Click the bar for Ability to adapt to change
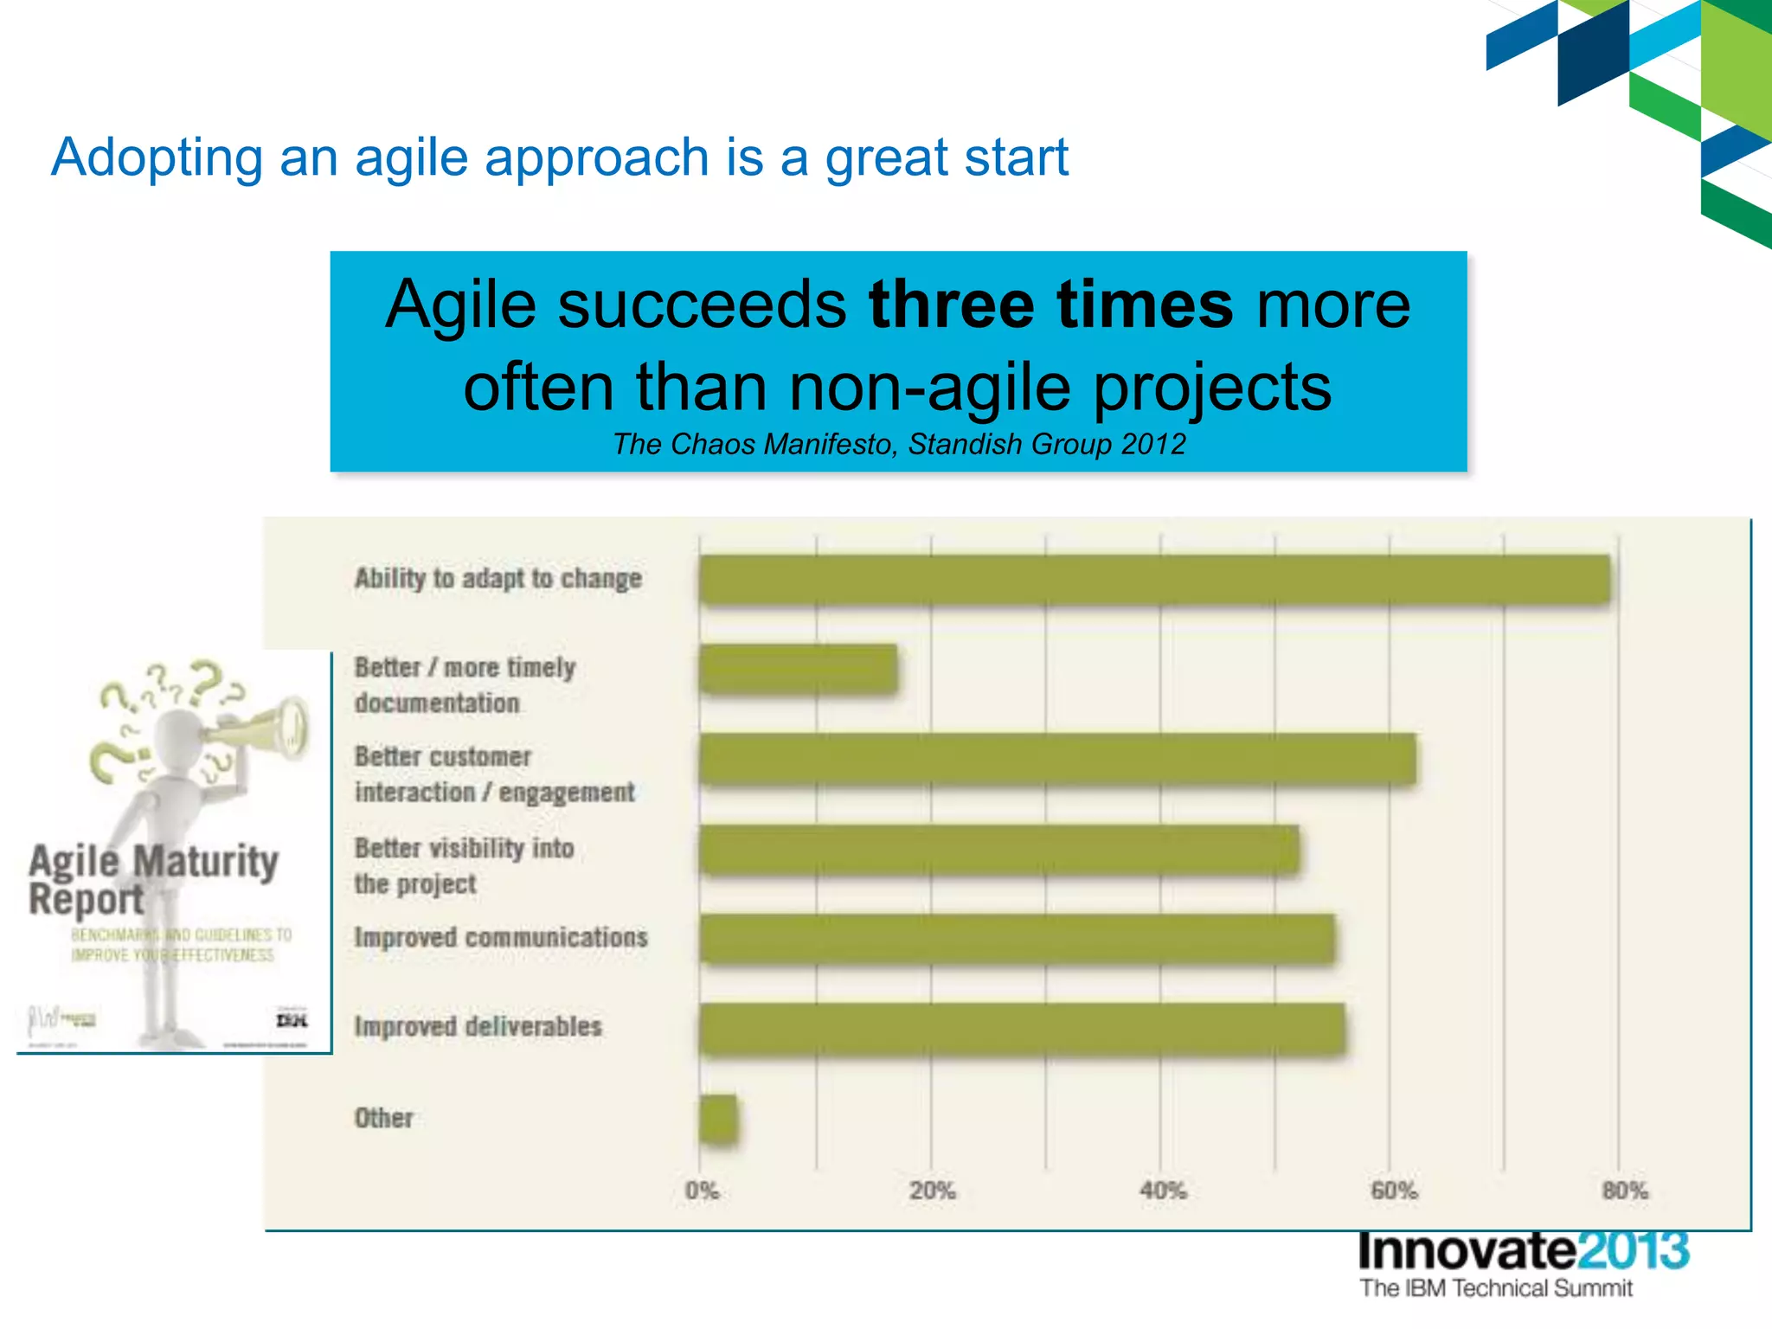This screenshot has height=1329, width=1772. (x=1154, y=579)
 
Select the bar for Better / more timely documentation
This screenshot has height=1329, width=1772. (x=798, y=669)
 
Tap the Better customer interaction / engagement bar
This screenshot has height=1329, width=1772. (x=1057, y=759)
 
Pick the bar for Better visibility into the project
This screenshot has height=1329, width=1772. (x=998, y=850)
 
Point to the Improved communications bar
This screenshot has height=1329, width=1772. (x=1017, y=939)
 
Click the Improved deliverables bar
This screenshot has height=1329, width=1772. (x=1022, y=1029)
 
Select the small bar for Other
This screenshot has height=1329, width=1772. (x=718, y=1120)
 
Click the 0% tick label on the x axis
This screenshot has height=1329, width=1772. (x=702, y=1191)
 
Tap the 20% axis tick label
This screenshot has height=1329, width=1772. (x=932, y=1191)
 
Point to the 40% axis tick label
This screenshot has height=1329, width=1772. (x=1162, y=1191)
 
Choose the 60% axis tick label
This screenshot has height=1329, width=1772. (x=1393, y=1191)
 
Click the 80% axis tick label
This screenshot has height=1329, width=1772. (x=1624, y=1191)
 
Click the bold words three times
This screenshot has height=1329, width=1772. (x=1050, y=305)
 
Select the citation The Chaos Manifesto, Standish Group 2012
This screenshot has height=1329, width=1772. (x=898, y=444)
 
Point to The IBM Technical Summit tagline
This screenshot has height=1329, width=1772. (x=1495, y=1288)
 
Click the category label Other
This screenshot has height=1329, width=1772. (x=383, y=1118)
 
